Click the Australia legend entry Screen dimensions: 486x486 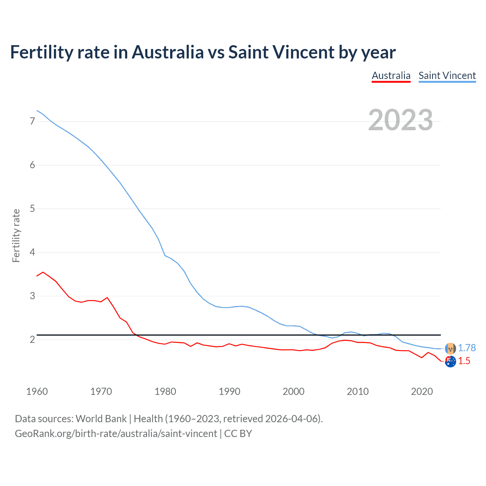coord(391,76)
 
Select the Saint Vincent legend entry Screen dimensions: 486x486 coord(447,76)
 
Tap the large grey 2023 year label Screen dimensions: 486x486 coord(400,120)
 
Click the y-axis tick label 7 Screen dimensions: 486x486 coord(32,121)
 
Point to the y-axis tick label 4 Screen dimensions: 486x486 coord(32,252)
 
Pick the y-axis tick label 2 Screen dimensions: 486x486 coord(32,339)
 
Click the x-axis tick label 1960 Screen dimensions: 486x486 coord(37,391)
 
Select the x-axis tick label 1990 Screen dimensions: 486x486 coord(229,391)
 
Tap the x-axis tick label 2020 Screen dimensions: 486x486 coord(422,391)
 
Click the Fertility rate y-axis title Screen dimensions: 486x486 coord(16,235)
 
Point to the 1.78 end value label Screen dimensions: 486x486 coord(467,348)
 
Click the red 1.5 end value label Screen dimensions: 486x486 coord(464,361)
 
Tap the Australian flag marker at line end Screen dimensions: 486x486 coord(450,362)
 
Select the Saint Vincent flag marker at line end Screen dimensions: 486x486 coord(450,348)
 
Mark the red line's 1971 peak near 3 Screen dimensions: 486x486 coord(107,297)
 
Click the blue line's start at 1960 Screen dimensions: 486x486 coord(37,110)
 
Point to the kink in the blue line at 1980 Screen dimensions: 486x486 coord(165,256)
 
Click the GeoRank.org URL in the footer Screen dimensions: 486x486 coord(116,434)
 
